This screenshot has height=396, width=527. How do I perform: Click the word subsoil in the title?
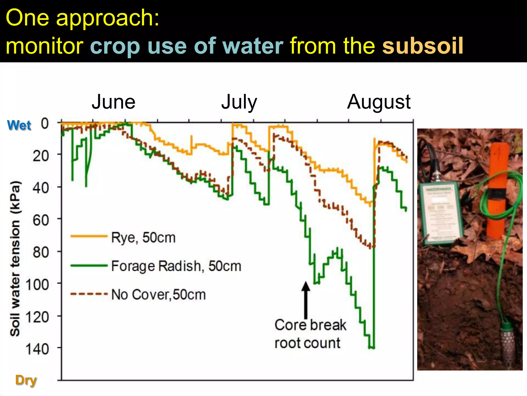point(423,46)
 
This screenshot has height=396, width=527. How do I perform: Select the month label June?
point(113,102)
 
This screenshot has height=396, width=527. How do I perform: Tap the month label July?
point(239,102)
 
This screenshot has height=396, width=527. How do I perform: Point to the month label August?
point(379,102)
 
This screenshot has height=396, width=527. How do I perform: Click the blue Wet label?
point(19,125)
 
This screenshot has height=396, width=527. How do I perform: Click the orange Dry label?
point(26,380)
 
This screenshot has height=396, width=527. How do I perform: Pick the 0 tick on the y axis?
point(45,123)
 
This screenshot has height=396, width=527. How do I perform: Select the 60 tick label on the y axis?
point(41,220)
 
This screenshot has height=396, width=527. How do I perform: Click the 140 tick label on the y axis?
point(37,349)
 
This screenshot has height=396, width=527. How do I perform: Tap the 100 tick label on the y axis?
point(37,285)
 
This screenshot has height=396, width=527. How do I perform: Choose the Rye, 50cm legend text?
point(143,237)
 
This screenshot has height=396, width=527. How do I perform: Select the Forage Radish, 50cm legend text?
point(176,266)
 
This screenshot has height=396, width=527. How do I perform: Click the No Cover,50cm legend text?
point(159,295)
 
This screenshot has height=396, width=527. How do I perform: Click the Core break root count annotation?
point(310,334)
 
